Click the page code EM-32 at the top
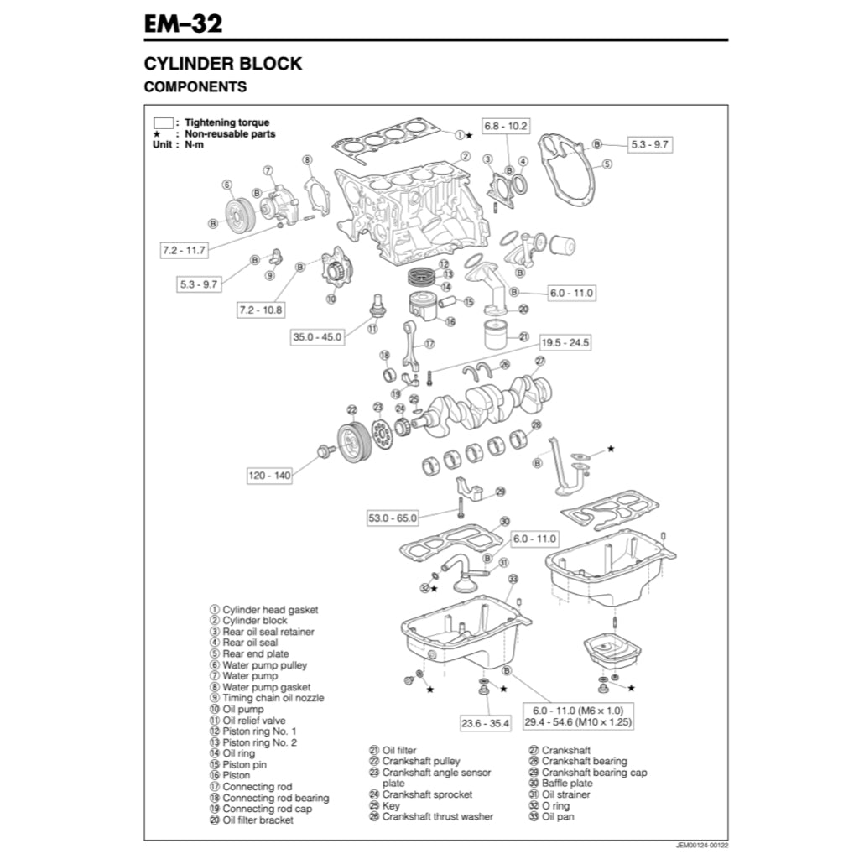coord(183,23)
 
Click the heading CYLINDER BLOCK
coord(222,64)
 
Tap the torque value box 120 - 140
coord(269,476)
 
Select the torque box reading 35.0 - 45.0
coord(317,337)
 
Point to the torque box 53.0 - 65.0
coord(392,518)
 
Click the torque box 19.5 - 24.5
coord(565,342)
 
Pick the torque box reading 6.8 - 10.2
coord(506,126)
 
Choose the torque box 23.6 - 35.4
coord(485,723)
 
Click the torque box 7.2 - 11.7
coord(184,250)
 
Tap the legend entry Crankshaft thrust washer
coord(437,816)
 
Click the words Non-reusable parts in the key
coord(230,133)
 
